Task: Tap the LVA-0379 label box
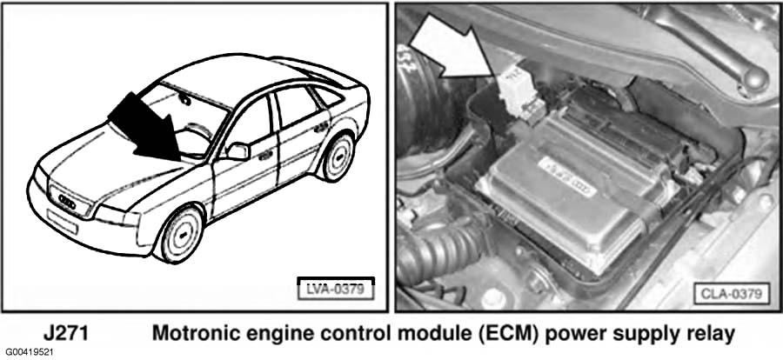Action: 336,289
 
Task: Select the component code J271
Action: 65,334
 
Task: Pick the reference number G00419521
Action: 28,352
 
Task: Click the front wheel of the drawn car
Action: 180,234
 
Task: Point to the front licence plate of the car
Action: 62,222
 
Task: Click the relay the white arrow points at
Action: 519,96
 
